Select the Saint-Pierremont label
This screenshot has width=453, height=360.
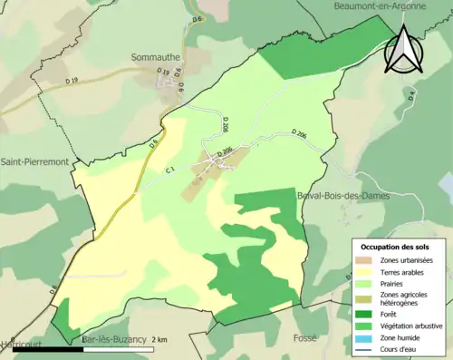(35, 162)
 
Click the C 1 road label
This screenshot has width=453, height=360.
(169, 169)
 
